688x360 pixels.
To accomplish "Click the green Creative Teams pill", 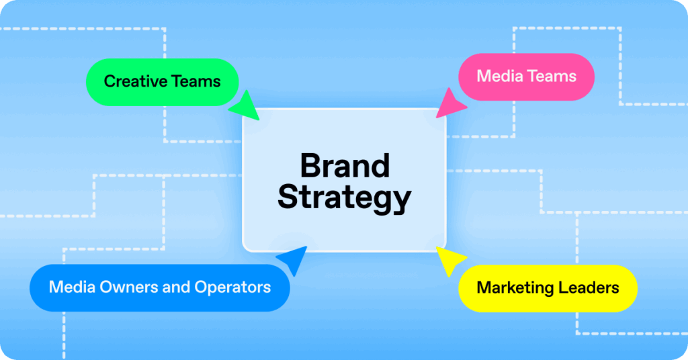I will pyautogui.click(x=162, y=82).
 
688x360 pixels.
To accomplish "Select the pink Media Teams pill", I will pyautogui.click(x=526, y=77).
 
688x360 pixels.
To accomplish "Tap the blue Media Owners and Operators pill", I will pyautogui.click(x=160, y=287).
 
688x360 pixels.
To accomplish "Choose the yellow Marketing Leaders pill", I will pyautogui.click(x=548, y=288).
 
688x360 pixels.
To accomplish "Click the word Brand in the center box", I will pyautogui.click(x=344, y=166).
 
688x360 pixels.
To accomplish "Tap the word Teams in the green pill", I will pyautogui.click(x=196, y=82).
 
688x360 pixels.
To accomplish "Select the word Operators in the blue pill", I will pyautogui.click(x=232, y=287).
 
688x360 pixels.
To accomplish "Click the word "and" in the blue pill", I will pyautogui.click(x=176, y=287).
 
